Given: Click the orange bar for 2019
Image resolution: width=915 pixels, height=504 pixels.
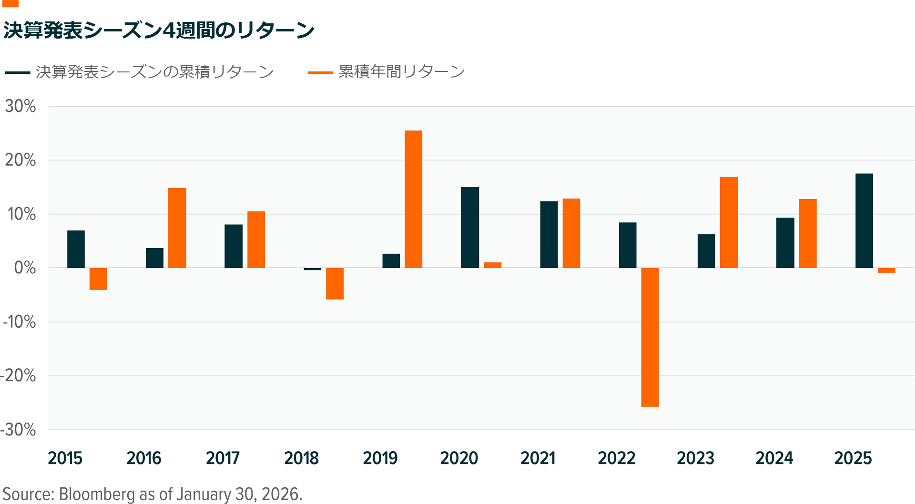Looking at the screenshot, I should [413, 199].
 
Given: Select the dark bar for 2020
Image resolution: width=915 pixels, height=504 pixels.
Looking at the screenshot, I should [470, 227].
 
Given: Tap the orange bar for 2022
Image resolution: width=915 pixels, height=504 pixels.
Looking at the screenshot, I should [650, 337].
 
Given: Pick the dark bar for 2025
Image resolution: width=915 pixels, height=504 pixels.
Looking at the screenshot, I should [864, 221].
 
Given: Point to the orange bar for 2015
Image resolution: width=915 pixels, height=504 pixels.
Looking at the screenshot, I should [98, 279].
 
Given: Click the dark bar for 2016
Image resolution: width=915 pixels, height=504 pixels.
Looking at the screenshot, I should [154, 258].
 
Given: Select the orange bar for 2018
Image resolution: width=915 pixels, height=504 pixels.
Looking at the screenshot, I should [335, 283].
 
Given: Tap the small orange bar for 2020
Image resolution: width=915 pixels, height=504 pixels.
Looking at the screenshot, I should [492, 265].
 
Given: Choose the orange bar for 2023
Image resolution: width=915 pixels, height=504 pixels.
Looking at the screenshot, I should [729, 222].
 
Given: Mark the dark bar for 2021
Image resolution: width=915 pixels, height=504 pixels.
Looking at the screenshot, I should [549, 234].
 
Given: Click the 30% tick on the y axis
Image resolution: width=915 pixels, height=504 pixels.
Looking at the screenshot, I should [20, 106].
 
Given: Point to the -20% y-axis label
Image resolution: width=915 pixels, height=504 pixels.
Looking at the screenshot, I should [19, 376].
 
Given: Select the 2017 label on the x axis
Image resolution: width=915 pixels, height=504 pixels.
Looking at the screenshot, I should [223, 458].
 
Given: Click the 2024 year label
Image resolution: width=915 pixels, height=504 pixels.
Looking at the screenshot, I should [774, 458].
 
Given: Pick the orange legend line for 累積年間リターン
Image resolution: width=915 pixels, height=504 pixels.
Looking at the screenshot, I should [320, 72].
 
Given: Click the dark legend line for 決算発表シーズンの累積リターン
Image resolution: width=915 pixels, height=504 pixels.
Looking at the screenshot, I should [18, 72].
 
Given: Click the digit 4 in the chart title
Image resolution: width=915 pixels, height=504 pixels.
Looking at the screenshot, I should [169, 30].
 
